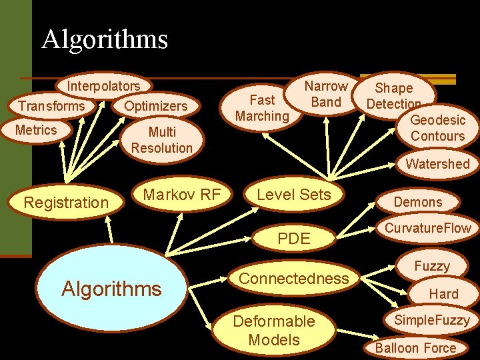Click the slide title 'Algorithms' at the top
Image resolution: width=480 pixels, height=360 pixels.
click(x=105, y=39)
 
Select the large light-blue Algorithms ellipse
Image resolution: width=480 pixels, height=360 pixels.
click(x=111, y=288)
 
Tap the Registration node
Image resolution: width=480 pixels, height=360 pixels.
click(x=66, y=203)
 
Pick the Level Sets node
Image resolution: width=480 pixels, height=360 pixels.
click(x=293, y=195)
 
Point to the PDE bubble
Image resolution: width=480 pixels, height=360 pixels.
click(x=294, y=238)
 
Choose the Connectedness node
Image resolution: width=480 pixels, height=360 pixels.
click(x=293, y=278)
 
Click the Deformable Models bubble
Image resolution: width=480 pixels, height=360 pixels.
click(x=273, y=330)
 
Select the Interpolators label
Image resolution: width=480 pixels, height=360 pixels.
click(x=103, y=86)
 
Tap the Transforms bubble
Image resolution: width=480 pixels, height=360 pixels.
click(x=51, y=106)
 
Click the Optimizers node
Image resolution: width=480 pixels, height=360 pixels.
click(x=156, y=106)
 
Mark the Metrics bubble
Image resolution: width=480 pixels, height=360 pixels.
click(x=36, y=130)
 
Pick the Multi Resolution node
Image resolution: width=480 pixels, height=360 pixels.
click(x=161, y=140)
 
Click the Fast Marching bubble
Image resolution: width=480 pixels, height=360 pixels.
click(x=262, y=108)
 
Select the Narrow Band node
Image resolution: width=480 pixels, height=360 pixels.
click(x=326, y=94)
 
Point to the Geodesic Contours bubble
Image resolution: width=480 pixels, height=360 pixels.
click(x=437, y=128)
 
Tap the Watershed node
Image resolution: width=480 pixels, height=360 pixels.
click(x=437, y=164)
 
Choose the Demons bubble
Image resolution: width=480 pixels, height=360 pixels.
click(x=418, y=202)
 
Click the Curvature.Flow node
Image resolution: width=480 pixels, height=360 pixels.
click(x=427, y=228)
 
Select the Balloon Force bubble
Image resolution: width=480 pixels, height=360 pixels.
click(x=415, y=347)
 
